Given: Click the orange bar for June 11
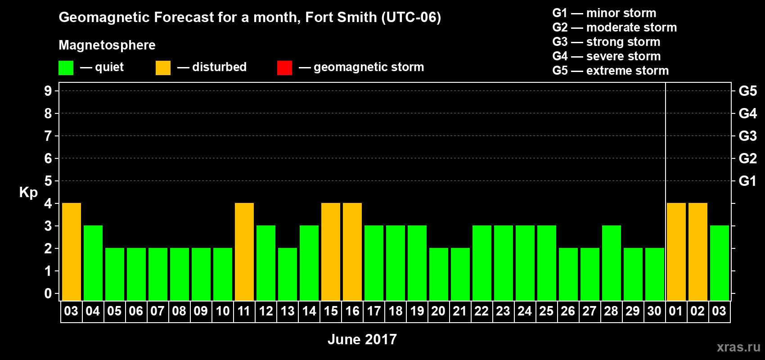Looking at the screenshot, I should pyautogui.click(x=244, y=252).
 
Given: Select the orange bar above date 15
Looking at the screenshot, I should pyautogui.click(x=331, y=252).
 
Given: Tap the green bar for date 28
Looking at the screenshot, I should pyautogui.click(x=612, y=263).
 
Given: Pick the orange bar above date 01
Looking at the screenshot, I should pyautogui.click(x=676, y=252).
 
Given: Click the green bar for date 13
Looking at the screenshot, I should pyautogui.click(x=288, y=274).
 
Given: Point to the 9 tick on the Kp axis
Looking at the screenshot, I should pyautogui.click(x=48, y=91).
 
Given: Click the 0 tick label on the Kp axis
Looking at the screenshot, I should pyautogui.click(x=48, y=294).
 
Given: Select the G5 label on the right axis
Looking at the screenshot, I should pyautogui.click(x=747, y=91).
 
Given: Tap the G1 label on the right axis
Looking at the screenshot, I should pyautogui.click(x=747, y=181).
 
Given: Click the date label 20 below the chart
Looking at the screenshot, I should pyautogui.click(x=438, y=311).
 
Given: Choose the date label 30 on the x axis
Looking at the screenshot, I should pyautogui.click(x=654, y=311).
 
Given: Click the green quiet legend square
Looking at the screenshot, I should pyautogui.click(x=66, y=68).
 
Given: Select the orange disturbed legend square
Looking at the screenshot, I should pyautogui.click(x=163, y=68).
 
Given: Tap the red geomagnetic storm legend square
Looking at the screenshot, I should pyautogui.click(x=284, y=68).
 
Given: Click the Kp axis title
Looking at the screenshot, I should pyautogui.click(x=28, y=192).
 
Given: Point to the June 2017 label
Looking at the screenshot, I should pyautogui.click(x=362, y=339).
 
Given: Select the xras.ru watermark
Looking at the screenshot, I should pyautogui.click(x=738, y=347).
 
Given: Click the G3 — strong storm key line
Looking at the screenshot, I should pyautogui.click(x=606, y=42).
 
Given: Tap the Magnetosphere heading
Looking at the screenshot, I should pyautogui.click(x=107, y=45).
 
